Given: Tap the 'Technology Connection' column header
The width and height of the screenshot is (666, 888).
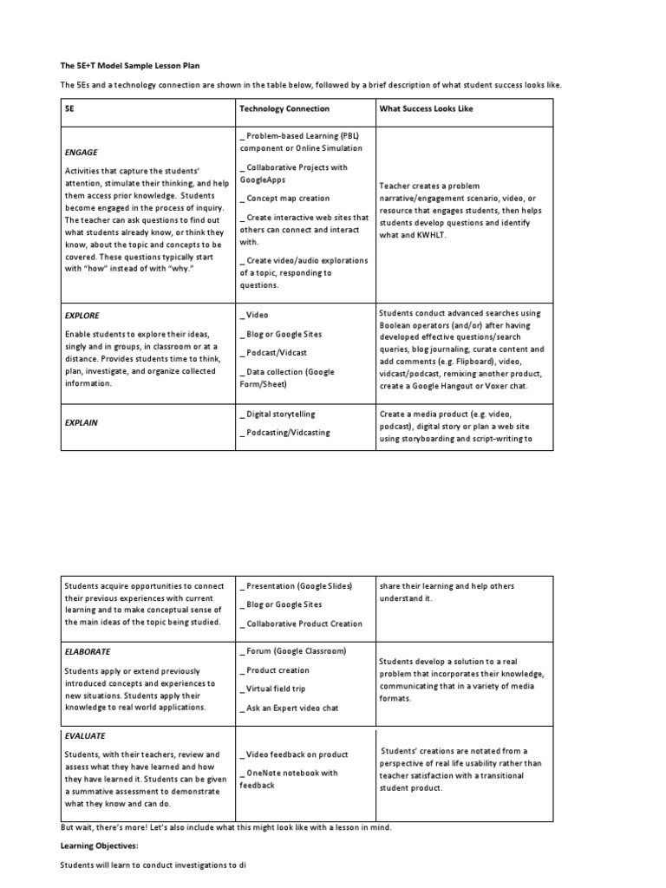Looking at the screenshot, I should [x=284, y=109].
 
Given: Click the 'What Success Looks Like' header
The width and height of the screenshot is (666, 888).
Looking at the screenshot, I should [x=425, y=109].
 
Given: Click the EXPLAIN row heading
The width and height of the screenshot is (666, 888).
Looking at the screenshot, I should [x=82, y=422].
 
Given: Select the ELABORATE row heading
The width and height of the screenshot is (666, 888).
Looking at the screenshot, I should [x=88, y=651].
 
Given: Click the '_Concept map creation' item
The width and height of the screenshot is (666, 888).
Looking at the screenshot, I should [x=284, y=199].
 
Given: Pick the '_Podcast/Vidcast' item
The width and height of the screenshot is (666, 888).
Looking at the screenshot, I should [x=272, y=353].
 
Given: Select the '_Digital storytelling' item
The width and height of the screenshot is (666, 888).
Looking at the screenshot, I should [x=277, y=415].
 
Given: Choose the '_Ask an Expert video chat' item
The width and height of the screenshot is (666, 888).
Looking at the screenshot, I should [x=288, y=708].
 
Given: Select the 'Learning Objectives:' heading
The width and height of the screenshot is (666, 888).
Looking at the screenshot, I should [x=99, y=845].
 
